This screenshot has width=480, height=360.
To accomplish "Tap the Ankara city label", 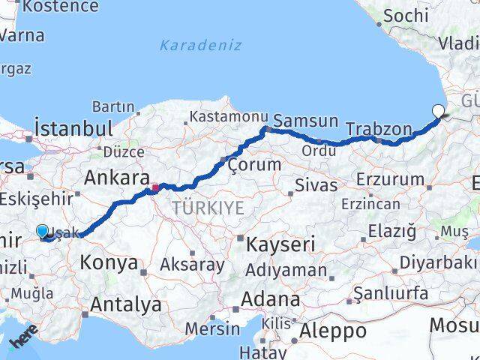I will pos(116,178).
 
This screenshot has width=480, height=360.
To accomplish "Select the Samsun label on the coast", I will pos(306,121).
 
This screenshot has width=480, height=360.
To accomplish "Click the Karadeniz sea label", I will pos(200,45).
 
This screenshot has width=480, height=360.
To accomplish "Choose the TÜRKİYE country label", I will pos(208,208).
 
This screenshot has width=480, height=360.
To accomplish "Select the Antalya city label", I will pos(125,304).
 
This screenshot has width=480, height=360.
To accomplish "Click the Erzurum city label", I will pos(390,179).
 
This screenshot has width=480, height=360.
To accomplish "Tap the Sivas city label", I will pos(316,184).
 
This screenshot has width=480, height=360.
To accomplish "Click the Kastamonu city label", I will pos(229,117).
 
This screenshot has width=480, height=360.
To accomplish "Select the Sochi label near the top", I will pos(406,14).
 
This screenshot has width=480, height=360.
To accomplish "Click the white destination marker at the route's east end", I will pos(438,112).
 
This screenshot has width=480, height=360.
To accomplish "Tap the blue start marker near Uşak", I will pos(42,232).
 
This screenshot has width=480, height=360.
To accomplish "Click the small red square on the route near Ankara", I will pos(155,187).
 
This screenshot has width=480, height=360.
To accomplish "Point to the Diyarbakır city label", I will pos(438,262).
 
